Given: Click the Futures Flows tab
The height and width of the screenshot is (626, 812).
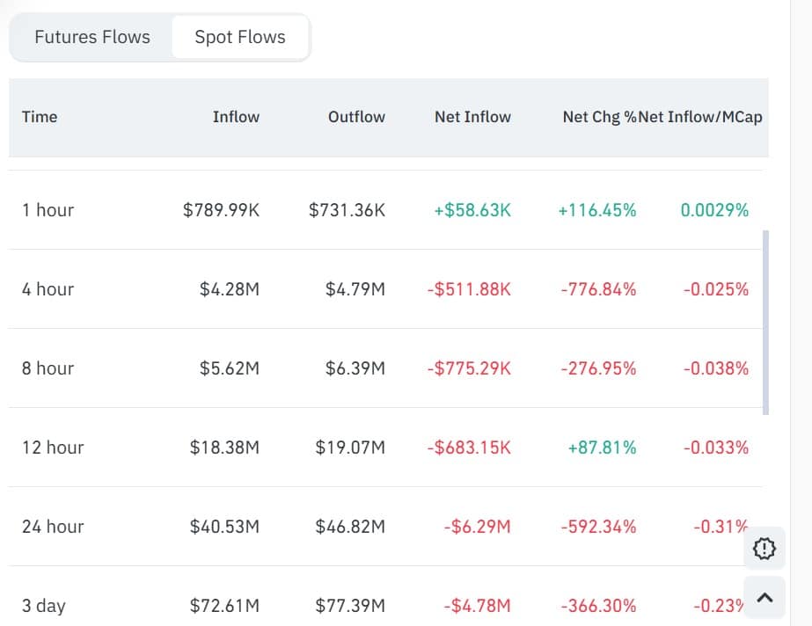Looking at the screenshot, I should click(92, 37).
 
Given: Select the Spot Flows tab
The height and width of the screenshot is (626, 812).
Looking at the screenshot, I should click(240, 37).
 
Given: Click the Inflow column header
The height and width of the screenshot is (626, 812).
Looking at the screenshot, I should click(236, 116).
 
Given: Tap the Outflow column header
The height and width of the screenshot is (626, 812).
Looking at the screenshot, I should click(356, 116).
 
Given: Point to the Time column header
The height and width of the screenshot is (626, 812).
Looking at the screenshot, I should click(40, 116).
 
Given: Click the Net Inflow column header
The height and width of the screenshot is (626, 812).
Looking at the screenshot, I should click(472, 116).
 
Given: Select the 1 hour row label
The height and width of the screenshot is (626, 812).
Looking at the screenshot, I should click(48, 210).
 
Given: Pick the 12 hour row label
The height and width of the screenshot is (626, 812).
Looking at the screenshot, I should click(53, 448).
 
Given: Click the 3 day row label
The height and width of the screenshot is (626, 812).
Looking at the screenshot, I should click(44, 606).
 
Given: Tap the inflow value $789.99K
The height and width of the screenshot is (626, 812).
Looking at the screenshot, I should click(221, 210).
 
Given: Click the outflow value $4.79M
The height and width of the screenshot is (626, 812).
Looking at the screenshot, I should click(355, 289).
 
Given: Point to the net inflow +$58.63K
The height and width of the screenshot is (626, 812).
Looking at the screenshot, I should click(472, 210).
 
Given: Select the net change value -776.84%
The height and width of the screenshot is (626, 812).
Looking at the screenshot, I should click(598, 289).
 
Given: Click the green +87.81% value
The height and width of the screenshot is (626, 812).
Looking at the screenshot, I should click(602, 448).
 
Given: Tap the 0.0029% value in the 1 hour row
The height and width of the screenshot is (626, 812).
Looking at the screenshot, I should click(713, 210).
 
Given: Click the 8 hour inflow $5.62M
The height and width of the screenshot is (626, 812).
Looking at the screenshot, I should click(230, 368).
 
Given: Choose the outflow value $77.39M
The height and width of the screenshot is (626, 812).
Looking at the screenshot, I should click(350, 606).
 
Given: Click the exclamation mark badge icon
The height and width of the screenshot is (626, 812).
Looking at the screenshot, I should click(764, 550).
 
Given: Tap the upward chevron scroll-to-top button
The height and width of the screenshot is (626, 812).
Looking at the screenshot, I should click(764, 598).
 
